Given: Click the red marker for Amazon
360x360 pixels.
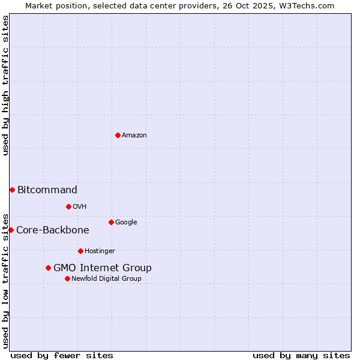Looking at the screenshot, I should click(x=118, y=135).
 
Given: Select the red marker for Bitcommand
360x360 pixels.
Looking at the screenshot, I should click(x=12, y=190).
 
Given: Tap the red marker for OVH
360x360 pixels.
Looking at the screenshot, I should click(x=68, y=206).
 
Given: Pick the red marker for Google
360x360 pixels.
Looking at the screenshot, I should click(x=111, y=222).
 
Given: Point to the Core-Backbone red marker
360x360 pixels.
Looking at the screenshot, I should click(x=11, y=230).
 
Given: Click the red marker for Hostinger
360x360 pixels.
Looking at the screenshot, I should click(x=80, y=251).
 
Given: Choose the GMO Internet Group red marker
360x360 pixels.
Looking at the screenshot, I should click(x=48, y=268).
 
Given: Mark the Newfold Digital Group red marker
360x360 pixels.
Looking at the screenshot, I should click(x=67, y=278).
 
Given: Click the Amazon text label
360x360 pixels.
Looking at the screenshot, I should click(x=134, y=136).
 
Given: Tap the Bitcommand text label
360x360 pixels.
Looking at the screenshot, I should click(x=47, y=190).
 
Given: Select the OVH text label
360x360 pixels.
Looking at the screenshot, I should click(x=80, y=207).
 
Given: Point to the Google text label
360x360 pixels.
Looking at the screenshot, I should click(x=126, y=223).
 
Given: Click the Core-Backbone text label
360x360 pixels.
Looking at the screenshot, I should click(x=53, y=230).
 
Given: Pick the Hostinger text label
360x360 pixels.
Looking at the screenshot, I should click(x=100, y=251).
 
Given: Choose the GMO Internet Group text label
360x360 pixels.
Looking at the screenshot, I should click(x=103, y=268).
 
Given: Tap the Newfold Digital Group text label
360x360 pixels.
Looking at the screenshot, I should click(x=106, y=279).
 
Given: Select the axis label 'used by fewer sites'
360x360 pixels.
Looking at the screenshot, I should click(x=62, y=355).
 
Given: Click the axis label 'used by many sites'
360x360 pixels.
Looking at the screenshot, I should click(x=301, y=355).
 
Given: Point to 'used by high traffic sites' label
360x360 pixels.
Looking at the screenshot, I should click(x=5, y=85).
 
